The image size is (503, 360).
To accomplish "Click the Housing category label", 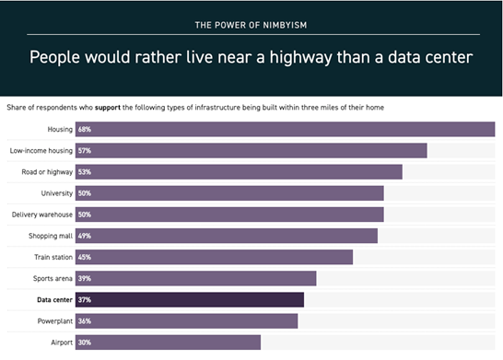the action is (x=60, y=130).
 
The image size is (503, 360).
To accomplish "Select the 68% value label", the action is (x=85, y=130).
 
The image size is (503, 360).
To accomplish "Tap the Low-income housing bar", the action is (x=251, y=151).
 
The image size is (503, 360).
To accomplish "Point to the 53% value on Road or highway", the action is (x=85, y=172).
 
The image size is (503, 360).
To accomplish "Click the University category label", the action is (x=57, y=193).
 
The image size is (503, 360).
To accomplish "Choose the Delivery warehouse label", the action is (x=42, y=215).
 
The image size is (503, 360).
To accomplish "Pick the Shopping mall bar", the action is (x=227, y=236).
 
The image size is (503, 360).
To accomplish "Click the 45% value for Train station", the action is (x=85, y=257).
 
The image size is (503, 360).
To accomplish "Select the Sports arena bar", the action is (x=195, y=278).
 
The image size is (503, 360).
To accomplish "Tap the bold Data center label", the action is (x=55, y=300).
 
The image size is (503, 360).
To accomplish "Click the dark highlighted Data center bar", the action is (x=190, y=300).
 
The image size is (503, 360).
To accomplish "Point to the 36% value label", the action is (x=85, y=321).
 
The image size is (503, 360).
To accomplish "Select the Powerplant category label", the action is (x=55, y=321).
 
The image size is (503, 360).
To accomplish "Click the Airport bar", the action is (x=168, y=343).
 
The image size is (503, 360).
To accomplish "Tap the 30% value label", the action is (x=85, y=343).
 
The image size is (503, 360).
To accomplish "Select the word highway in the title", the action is (x=300, y=58).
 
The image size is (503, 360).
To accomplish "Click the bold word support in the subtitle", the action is (x=108, y=108).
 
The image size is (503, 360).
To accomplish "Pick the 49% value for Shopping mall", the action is (x=85, y=236).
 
